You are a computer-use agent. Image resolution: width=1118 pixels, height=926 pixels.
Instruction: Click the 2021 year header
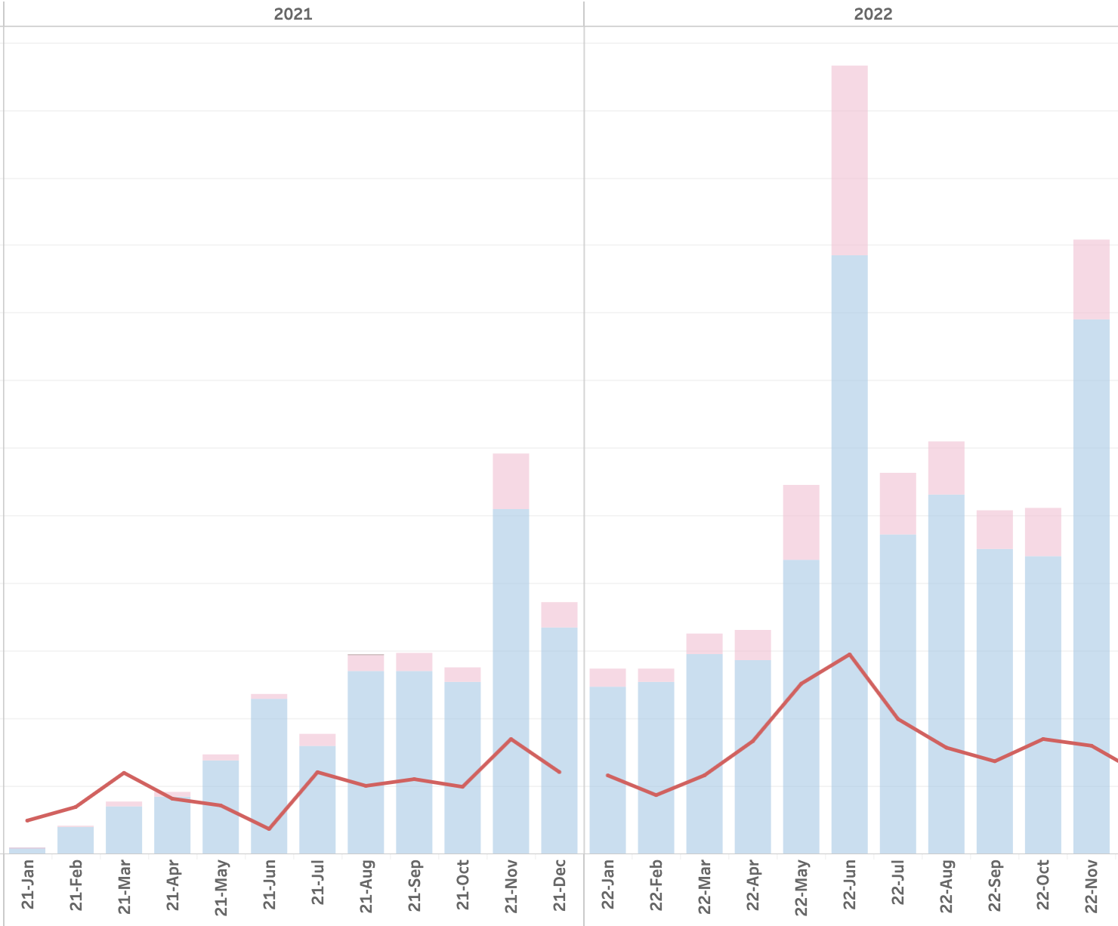292,14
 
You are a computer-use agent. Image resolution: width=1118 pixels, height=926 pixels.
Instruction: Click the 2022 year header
872,14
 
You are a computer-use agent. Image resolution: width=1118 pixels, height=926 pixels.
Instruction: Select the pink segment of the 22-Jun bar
849,160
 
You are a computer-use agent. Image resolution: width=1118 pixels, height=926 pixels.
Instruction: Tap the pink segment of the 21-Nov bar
511,481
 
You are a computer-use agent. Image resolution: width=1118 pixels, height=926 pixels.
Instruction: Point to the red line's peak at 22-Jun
849,654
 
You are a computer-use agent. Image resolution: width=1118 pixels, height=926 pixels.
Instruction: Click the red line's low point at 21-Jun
269,829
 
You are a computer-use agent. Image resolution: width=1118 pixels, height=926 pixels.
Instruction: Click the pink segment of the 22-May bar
801,522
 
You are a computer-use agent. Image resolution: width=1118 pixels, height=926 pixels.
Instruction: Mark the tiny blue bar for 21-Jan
27,850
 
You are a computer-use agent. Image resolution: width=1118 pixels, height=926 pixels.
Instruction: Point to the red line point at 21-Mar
124,773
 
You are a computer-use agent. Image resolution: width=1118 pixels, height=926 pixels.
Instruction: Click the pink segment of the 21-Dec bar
559,615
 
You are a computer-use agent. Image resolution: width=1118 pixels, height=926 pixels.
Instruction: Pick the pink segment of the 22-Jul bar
897,503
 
